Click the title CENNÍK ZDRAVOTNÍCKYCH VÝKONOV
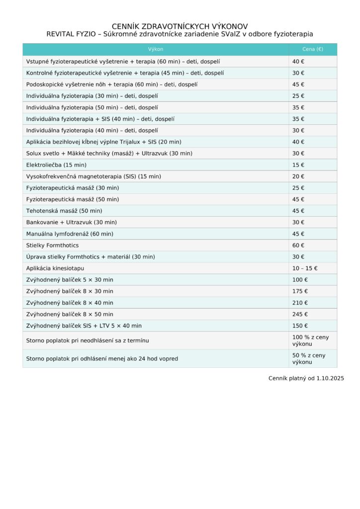pyautogui.click(x=180, y=26)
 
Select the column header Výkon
pyautogui.click(x=156, y=49)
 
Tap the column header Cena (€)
pyautogui.click(x=312, y=49)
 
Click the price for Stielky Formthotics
pyautogui.click(x=298, y=246)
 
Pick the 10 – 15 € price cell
pyautogui.click(x=305, y=268)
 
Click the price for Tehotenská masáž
pyautogui.click(x=298, y=211)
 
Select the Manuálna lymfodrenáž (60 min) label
pyautogui.click(x=70, y=234)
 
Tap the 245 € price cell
pyautogui.click(x=300, y=314)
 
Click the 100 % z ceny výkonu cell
pyautogui.click(x=310, y=340)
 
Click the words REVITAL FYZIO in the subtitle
pyautogui.click(x=71, y=34)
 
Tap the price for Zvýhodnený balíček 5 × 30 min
pyautogui.click(x=300, y=280)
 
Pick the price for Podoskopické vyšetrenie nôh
pyautogui.click(x=298, y=85)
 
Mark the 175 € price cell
pyautogui.click(x=300, y=291)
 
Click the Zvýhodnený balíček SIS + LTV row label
pyautogui.click(x=84, y=326)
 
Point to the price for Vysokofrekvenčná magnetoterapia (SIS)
pyautogui.click(x=298, y=176)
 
